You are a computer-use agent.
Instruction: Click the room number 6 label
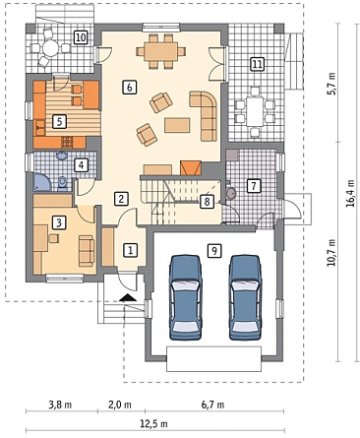tap(129, 88)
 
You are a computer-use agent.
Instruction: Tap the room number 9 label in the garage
tap(214, 251)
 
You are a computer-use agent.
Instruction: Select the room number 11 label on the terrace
tap(257, 64)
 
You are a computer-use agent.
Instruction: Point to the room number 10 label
tap(81, 37)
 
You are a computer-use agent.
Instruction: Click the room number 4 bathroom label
tap(81, 165)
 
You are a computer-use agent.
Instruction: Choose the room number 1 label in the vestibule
tap(130, 251)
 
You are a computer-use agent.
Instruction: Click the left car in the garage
tap(185, 297)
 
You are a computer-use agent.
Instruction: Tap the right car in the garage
tap(245, 297)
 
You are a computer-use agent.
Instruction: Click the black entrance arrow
tap(128, 297)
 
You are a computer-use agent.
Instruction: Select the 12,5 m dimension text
tap(153, 424)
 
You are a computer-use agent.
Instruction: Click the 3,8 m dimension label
tap(60, 405)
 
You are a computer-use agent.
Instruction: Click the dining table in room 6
tap(160, 51)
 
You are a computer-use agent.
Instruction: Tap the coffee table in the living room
tap(177, 125)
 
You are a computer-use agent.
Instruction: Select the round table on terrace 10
tap(50, 48)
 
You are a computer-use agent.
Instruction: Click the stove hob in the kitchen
tap(67, 143)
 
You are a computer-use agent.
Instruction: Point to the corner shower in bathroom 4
tap(42, 182)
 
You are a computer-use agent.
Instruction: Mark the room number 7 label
tap(253, 186)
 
